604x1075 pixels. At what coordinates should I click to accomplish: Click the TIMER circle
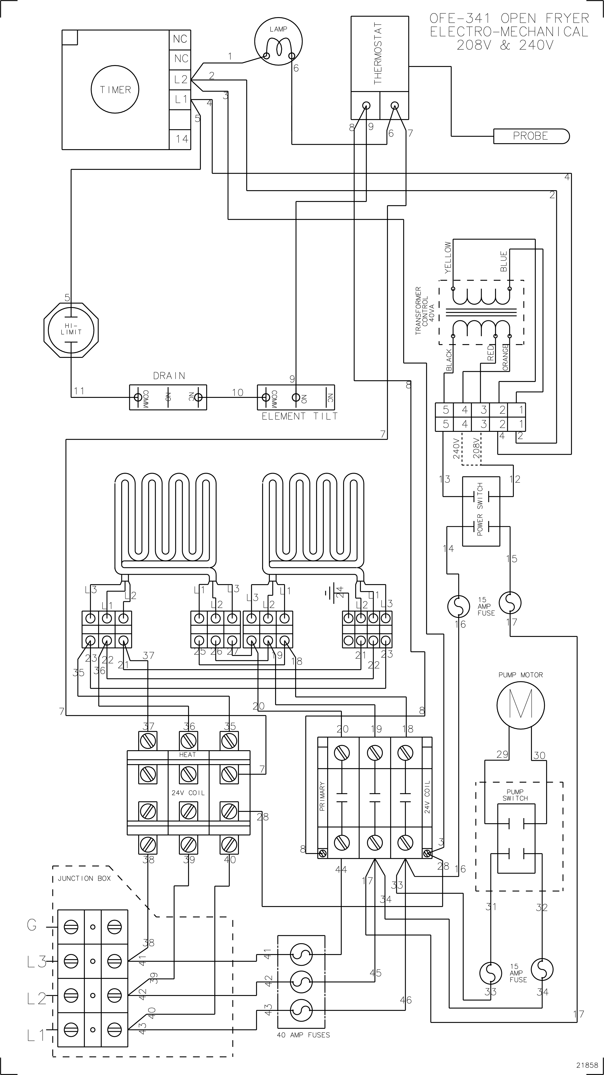115,89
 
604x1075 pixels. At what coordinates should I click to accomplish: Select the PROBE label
530,136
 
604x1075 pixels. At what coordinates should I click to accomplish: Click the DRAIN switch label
169,376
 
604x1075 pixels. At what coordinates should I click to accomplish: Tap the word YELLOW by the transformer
448,257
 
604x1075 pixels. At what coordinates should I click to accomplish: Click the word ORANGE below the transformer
505,357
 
